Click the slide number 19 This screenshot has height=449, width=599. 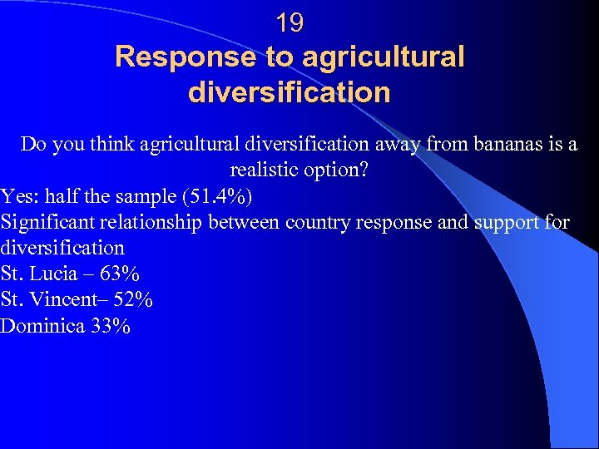pos(290,23)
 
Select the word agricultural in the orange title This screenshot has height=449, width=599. pos(383,57)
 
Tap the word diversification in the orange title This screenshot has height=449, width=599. pos(290,91)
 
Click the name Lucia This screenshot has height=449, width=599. pos(57,274)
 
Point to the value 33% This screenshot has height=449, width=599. pos(111,325)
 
